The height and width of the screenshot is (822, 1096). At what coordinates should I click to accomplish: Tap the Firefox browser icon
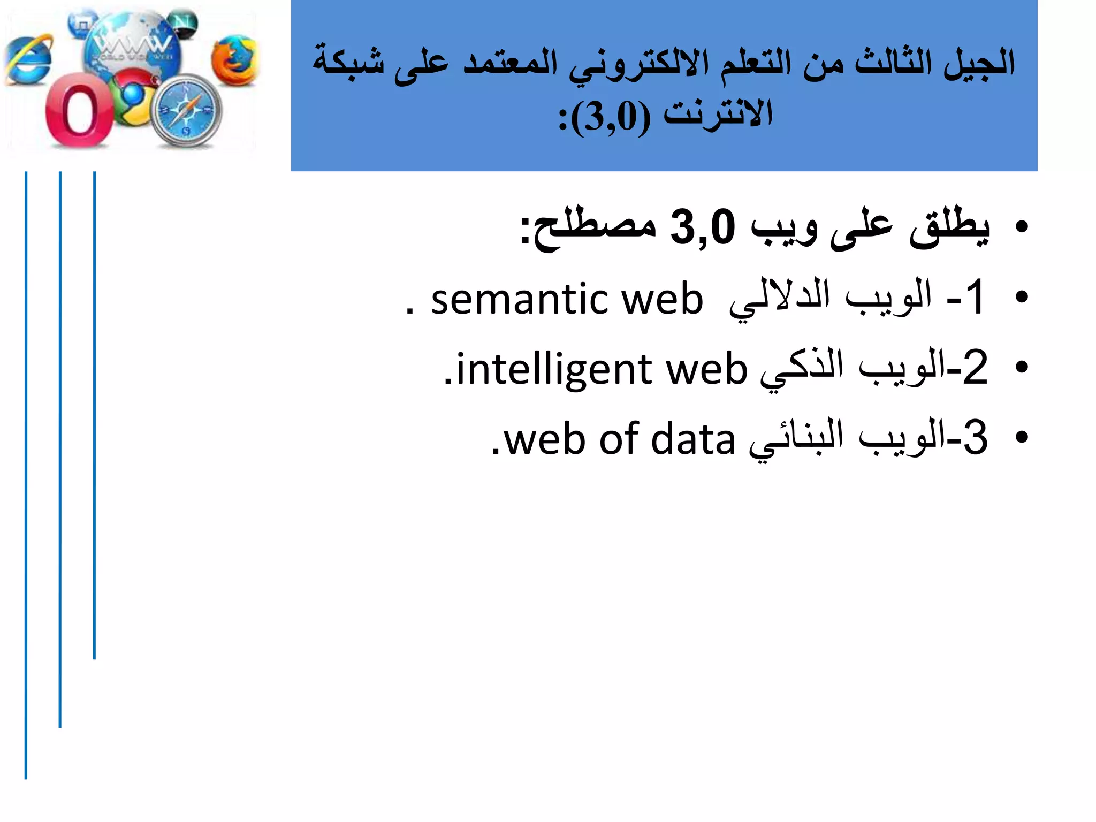[234, 60]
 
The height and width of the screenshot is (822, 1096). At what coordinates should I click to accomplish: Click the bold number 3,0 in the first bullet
[703, 227]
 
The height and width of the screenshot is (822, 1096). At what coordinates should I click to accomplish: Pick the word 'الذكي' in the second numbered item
[802, 369]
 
